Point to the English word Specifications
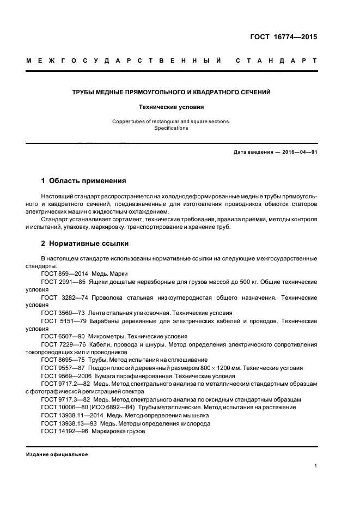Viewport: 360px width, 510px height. [x=171, y=128]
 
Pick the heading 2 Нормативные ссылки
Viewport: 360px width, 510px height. [x=86, y=244]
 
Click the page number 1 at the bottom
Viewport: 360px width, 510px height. [x=316, y=466]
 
